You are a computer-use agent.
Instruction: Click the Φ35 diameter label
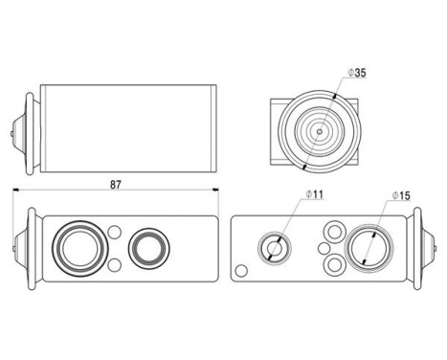tap(357, 73)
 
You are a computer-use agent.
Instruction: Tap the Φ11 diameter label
tap(314, 194)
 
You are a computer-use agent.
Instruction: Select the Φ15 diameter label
tap(401, 195)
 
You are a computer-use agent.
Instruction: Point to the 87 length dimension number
tap(116, 185)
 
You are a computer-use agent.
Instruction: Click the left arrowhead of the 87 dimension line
tap(16, 190)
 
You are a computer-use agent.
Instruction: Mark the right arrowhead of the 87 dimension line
tap(215, 190)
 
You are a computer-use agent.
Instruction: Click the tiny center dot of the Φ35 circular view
tap(320, 131)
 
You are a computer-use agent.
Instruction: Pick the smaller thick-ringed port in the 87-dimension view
tap(148, 248)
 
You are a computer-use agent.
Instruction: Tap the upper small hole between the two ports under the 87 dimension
tap(114, 232)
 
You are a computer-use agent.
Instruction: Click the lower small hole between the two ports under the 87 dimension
tap(114, 265)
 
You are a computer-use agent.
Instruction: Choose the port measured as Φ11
tap(275, 248)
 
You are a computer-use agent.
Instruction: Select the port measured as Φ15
tap(369, 248)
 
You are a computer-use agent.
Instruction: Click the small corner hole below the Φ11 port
tap(241, 271)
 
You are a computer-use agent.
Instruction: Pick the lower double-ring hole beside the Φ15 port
tap(335, 265)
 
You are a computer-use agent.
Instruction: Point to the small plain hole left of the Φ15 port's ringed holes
tap(324, 248)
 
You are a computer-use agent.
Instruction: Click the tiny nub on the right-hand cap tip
tap(436, 248)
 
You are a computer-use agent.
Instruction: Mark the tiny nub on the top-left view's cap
tap(11, 133)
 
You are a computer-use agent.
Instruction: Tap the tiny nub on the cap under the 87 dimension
tap(13, 248)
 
